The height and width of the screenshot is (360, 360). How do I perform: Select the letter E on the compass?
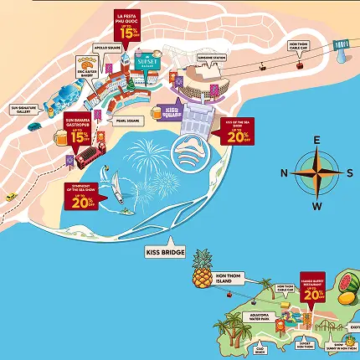coord(316,141)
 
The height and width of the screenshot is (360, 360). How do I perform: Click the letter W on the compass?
coord(316,206)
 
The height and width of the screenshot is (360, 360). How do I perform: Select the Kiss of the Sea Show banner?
coord(237,132)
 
